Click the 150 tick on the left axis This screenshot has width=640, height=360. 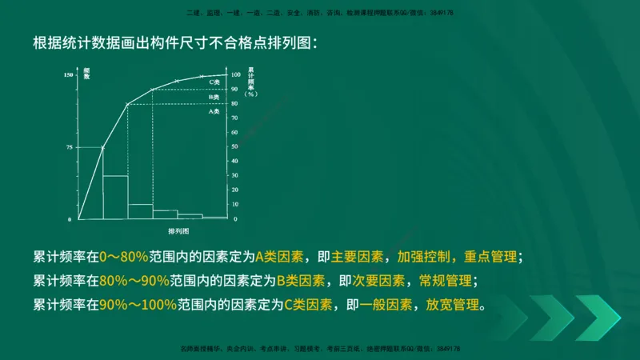point(69,75)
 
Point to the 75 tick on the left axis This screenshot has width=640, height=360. point(70,147)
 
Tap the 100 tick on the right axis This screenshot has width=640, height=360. point(235,75)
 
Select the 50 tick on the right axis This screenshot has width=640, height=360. point(234,147)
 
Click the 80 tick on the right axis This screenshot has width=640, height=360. point(234,104)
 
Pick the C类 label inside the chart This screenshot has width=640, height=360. point(214,82)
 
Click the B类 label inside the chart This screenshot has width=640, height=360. point(214,97)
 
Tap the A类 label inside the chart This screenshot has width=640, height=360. point(214,111)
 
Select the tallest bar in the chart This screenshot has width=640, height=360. point(90,183)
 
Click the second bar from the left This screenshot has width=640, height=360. point(115,197)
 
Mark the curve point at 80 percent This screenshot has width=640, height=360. point(127,104)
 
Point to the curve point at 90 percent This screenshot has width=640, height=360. point(152,89)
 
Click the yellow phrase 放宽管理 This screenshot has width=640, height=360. point(455,305)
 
